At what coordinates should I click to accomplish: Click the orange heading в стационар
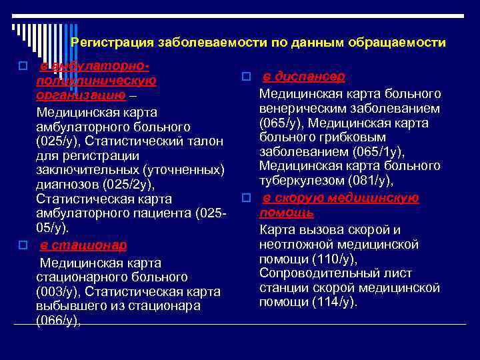click(83, 245)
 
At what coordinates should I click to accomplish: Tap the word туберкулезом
click(298, 181)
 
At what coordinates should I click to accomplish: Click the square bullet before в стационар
click(23, 245)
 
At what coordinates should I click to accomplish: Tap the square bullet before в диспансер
click(245, 77)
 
